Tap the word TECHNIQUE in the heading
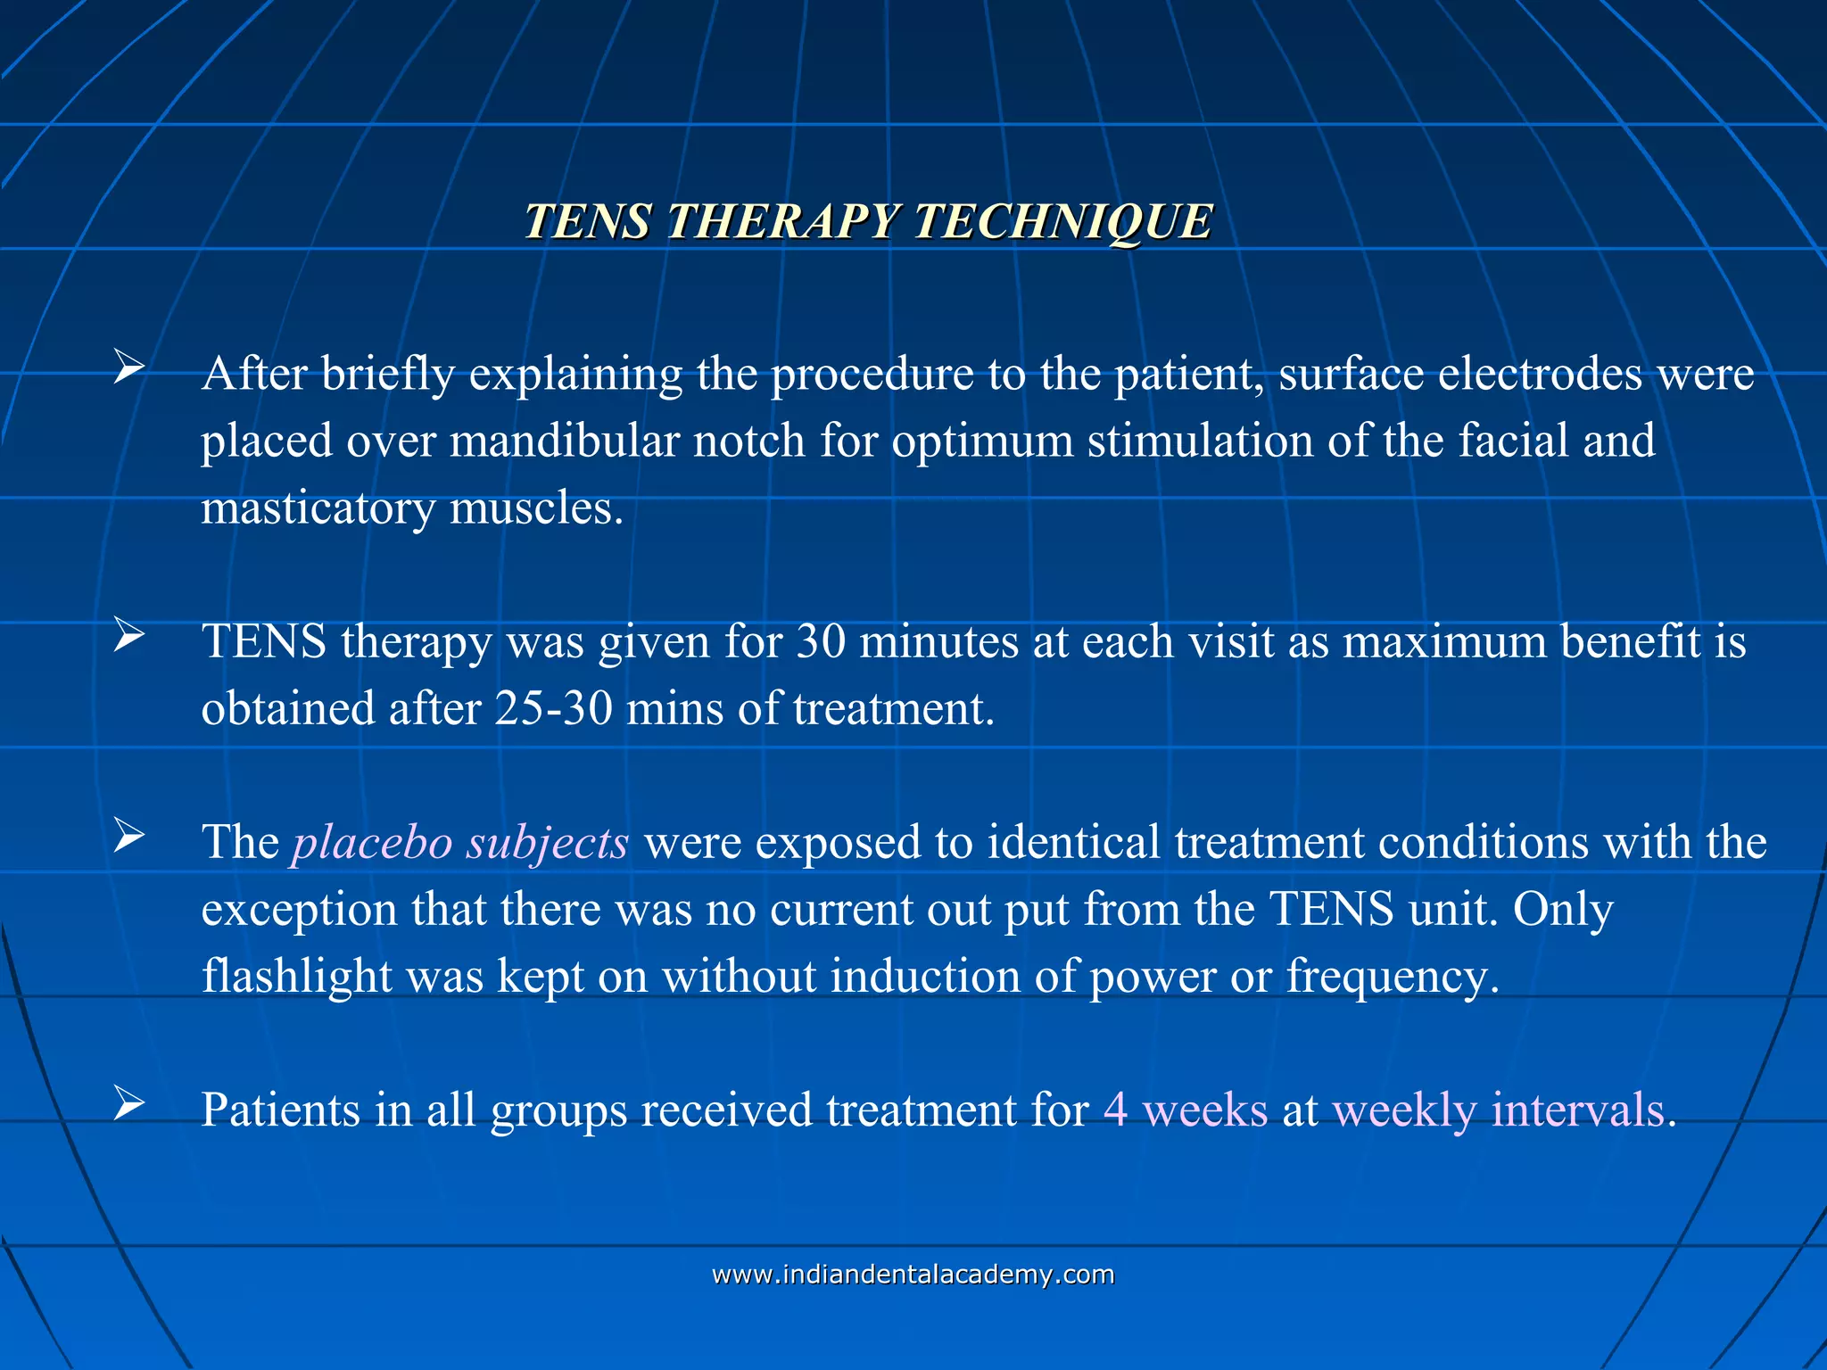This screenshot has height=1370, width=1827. [1062, 221]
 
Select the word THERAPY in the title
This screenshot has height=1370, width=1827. [782, 221]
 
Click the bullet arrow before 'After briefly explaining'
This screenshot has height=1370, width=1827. [128, 367]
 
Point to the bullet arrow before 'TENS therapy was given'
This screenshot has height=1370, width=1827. [128, 636]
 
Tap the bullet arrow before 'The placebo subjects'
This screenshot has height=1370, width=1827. [128, 837]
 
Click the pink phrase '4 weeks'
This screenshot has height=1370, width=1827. [1186, 1110]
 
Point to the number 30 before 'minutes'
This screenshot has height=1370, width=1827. [820, 642]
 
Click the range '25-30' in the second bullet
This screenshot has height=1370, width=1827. [553, 709]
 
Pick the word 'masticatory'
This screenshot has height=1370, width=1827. [318, 508]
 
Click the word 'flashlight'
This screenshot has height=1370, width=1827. [296, 977]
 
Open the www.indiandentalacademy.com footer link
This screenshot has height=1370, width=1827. [913, 1275]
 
